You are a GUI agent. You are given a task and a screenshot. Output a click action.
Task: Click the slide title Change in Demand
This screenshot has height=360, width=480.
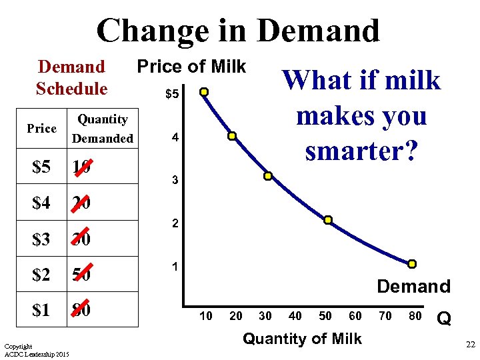(238, 31)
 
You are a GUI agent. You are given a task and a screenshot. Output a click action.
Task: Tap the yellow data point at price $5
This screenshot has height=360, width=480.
(205, 92)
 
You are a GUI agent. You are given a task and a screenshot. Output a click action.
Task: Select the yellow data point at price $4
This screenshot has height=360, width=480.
(232, 136)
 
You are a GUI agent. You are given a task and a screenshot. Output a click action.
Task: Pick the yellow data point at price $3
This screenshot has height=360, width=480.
(267, 177)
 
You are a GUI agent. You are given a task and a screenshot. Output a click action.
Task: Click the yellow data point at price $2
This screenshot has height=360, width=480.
(328, 220)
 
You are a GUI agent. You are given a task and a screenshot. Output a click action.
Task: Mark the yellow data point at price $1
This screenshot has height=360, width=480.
(412, 264)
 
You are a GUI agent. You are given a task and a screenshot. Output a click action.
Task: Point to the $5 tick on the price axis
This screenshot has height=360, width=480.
(172, 95)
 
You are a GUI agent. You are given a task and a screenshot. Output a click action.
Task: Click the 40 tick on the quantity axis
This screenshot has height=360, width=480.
(295, 315)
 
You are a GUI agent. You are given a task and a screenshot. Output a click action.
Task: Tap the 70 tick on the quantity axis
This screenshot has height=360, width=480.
(385, 315)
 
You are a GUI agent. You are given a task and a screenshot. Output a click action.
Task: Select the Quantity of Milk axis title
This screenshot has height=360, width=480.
(302, 339)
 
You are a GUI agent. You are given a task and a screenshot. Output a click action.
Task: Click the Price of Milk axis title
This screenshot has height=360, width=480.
(191, 67)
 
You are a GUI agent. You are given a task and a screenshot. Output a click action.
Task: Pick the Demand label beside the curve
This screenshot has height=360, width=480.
(413, 287)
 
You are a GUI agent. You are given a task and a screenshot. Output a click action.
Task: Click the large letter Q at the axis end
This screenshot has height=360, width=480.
(444, 321)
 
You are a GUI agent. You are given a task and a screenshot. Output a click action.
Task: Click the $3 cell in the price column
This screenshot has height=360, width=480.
(41, 239)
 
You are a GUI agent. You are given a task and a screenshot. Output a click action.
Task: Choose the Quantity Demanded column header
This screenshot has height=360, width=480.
(103, 129)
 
